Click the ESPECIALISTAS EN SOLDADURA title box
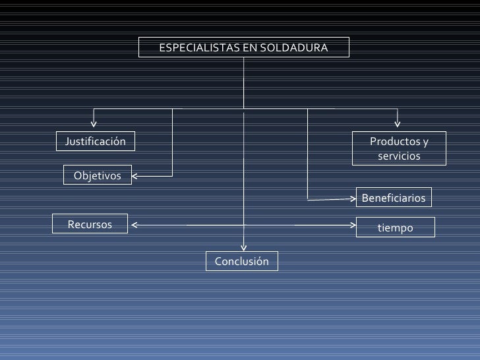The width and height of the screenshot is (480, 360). coord(243,47)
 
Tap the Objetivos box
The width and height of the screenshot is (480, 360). coord(98,175)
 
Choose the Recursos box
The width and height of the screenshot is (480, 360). coord(90,225)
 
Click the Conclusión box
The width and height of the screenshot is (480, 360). coord(242,261)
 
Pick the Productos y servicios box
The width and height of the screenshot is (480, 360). coord(398,148)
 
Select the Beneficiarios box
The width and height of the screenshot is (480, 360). coord(394,198)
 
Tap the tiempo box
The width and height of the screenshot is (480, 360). coord(395,227)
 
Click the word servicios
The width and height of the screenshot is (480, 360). coord(398,156)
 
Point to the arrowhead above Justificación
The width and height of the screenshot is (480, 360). coord(94,121)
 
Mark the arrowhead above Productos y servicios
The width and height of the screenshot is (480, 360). coord(398,121)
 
